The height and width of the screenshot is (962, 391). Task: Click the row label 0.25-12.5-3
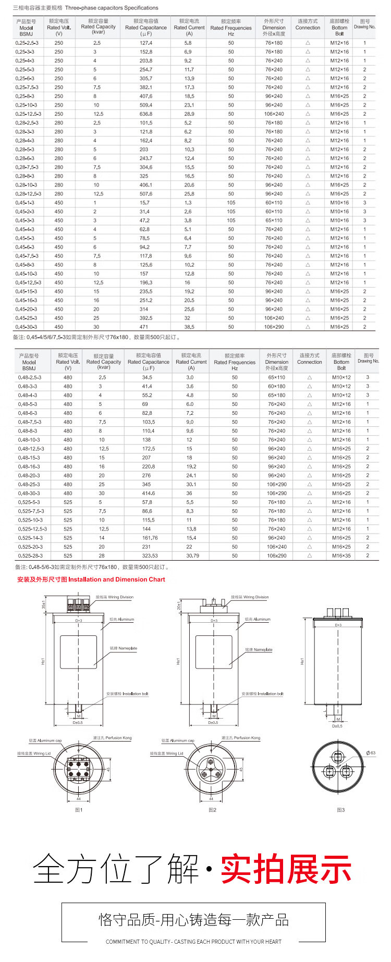click(x=28, y=114)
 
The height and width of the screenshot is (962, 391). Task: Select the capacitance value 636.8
click(x=146, y=114)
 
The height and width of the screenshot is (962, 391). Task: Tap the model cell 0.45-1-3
click(x=25, y=203)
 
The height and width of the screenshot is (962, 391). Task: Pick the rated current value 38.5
click(x=189, y=327)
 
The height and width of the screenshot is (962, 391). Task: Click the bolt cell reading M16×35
click(x=341, y=556)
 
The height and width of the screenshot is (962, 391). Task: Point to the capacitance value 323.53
click(x=150, y=556)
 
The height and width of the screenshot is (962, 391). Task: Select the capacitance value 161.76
click(x=150, y=538)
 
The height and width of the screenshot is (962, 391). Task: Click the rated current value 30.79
click(x=192, y=556)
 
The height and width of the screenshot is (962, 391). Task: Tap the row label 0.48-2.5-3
click(x=30, y=377)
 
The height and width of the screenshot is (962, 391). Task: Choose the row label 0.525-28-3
click(x=30, y=556)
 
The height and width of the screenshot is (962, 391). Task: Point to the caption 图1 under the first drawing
click(x=79, y=810)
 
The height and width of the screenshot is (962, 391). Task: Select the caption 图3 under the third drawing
click(x=340, y=810)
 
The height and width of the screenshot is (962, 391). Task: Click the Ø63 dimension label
click(x=371, y=753)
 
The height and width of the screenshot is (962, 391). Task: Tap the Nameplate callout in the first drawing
click(x=124, y=648)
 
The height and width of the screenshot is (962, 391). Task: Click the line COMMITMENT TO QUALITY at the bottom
click(x=193, y=942)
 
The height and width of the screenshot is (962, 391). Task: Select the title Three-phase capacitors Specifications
click(x=112, y=8)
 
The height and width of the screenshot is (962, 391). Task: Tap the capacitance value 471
click(x=144, y=327)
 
